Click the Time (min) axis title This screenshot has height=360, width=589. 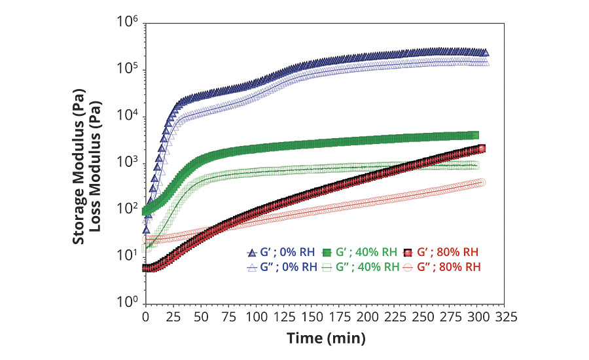(325, 338)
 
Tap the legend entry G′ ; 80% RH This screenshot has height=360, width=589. (446, 252)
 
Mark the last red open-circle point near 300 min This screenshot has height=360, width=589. (482, 182)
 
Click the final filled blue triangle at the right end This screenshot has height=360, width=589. (485, 53)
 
